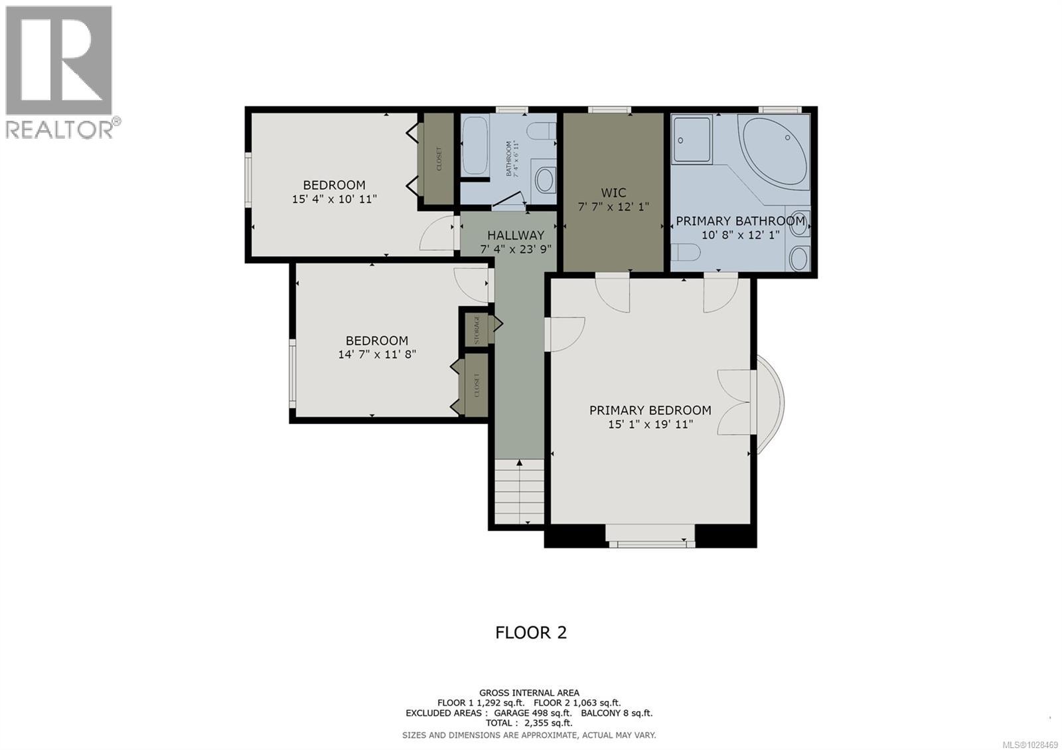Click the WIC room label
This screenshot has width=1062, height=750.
(x=613, y=192)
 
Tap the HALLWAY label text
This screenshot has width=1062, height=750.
(x=516, y=235)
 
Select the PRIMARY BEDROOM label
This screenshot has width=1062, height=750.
(x=650, y=410)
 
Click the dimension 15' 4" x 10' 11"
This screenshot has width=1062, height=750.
(x=335, y=198)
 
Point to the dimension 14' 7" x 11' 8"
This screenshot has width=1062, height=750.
(x=377, y=354)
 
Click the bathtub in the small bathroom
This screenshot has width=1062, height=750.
(x=474, y=145)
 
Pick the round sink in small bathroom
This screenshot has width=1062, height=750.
(x=545, y=179)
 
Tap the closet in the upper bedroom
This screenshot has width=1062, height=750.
(x=439, y=159)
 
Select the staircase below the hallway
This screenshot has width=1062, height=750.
(x=519, y=491)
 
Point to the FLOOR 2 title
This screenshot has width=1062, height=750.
(x=531, y=632)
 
